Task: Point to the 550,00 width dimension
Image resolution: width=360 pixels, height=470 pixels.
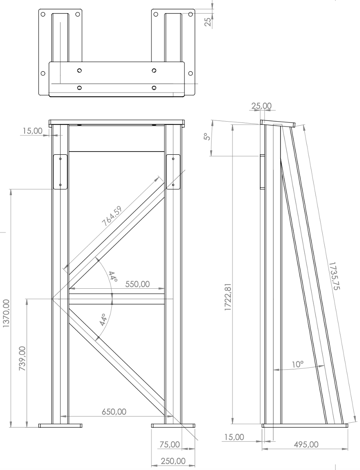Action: pyautogui.click(x=137, y=284)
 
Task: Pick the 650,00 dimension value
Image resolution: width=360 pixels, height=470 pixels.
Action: pyautogui.click(x=114, y=412)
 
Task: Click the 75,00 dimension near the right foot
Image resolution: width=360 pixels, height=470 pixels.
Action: pyautogui.click(x=170, y=444)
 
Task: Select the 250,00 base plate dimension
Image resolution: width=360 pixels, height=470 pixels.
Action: pyautogui.click(x=173, y=461)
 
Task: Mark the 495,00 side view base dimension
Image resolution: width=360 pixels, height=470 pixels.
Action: pyautogui.click(x=306, y=444)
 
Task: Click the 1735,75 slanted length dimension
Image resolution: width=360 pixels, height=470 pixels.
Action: pyautogui.click(x=335, y=276)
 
